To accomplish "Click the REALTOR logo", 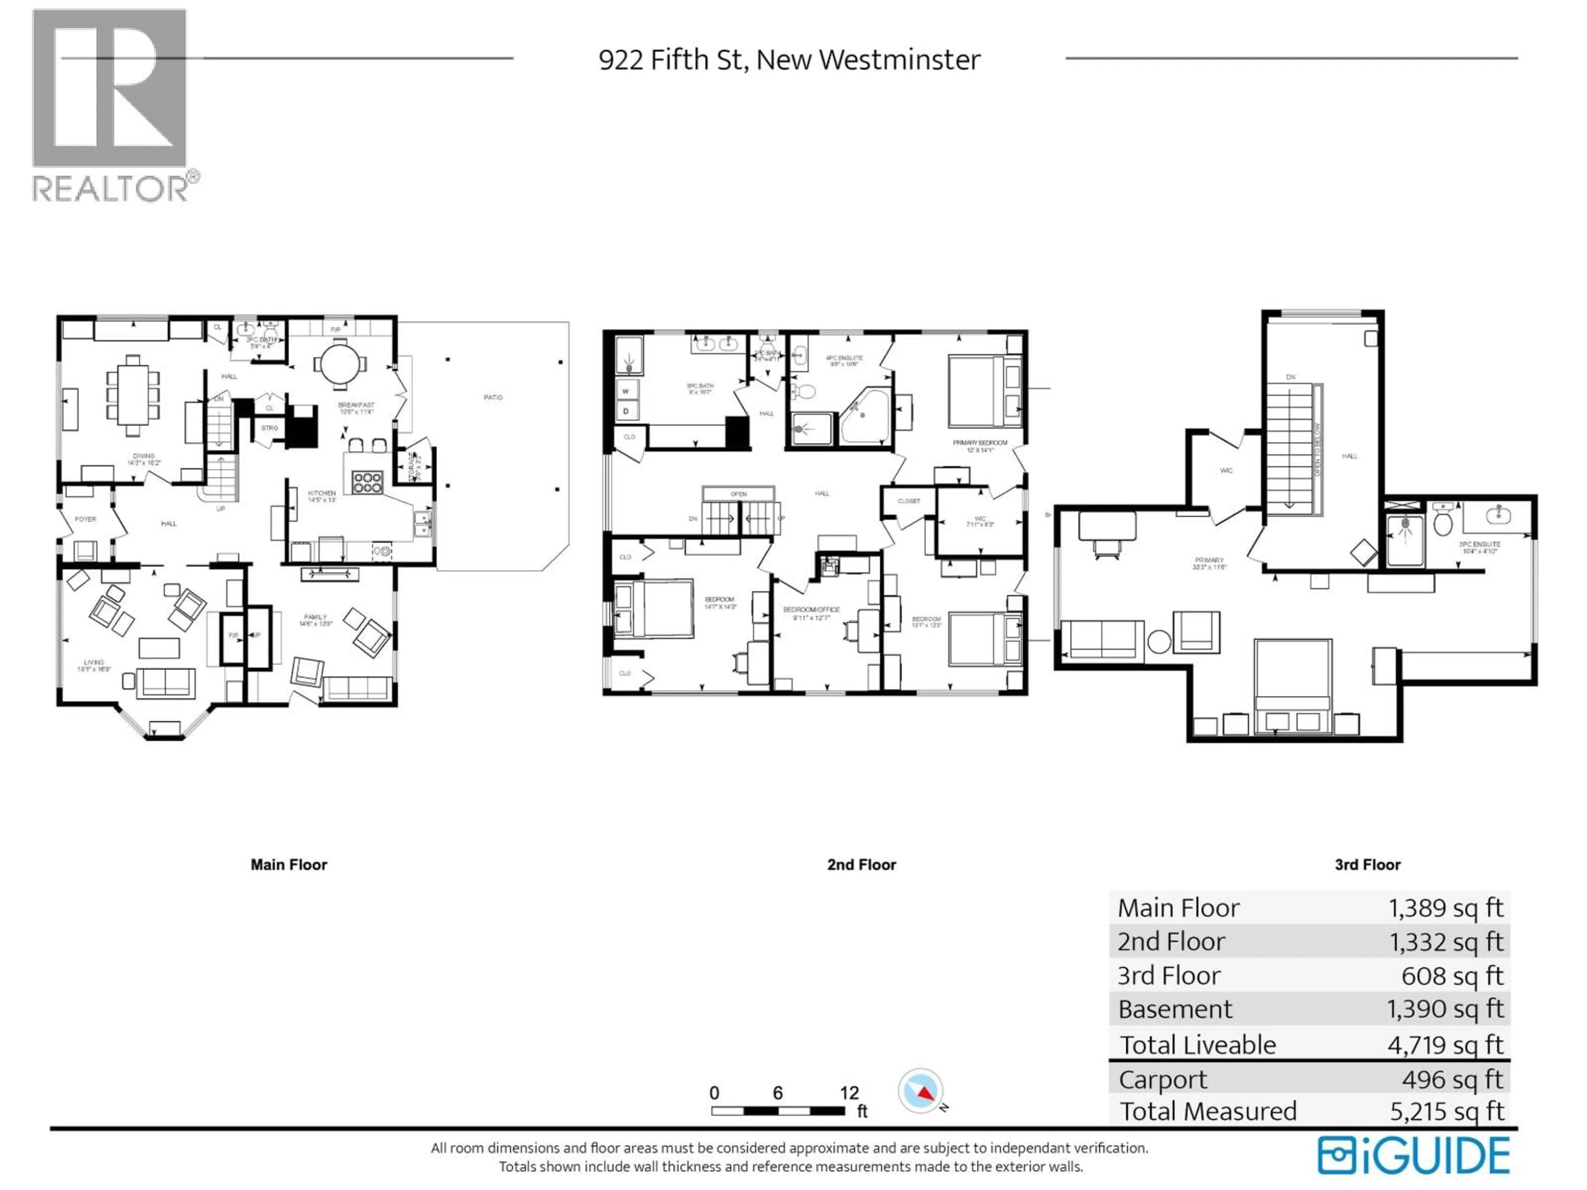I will (x=111, y=104).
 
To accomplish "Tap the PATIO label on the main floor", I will (x=493, y=397).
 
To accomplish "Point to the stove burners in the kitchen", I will (x=367, y=481).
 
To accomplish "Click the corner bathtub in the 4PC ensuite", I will (x=866, y=416).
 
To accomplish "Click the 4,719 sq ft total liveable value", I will (x=1444, y=1045).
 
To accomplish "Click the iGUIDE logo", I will (x=1413, y=1156).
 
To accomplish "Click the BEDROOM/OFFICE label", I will (x=811, y=610).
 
